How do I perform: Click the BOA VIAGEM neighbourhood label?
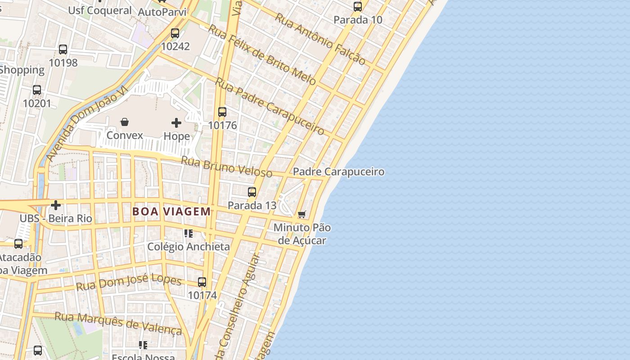(171, 211)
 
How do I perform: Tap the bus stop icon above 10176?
(222, 112)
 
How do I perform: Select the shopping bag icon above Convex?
(125, 122)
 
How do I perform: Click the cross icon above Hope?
(176, 122)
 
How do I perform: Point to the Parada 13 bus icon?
(252, 192)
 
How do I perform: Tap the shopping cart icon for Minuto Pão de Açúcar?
(302, 214)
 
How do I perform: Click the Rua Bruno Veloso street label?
(226, 166)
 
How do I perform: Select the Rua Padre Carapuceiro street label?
(270, 106)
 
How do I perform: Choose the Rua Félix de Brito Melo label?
(262, 54)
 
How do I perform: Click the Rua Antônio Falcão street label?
(320, 39)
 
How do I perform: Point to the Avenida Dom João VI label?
(87, 124)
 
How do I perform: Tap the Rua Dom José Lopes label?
(129, 282)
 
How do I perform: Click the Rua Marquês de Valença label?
(118, 323)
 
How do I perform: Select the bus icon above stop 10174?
(202, 282)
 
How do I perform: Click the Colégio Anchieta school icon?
(189, 234)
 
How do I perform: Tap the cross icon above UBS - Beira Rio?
(56, 205)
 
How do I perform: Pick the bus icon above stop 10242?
(175, 33)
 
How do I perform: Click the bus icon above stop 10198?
(63, 49)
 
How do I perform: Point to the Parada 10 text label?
(358, 20)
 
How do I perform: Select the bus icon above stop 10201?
(37, 90)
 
